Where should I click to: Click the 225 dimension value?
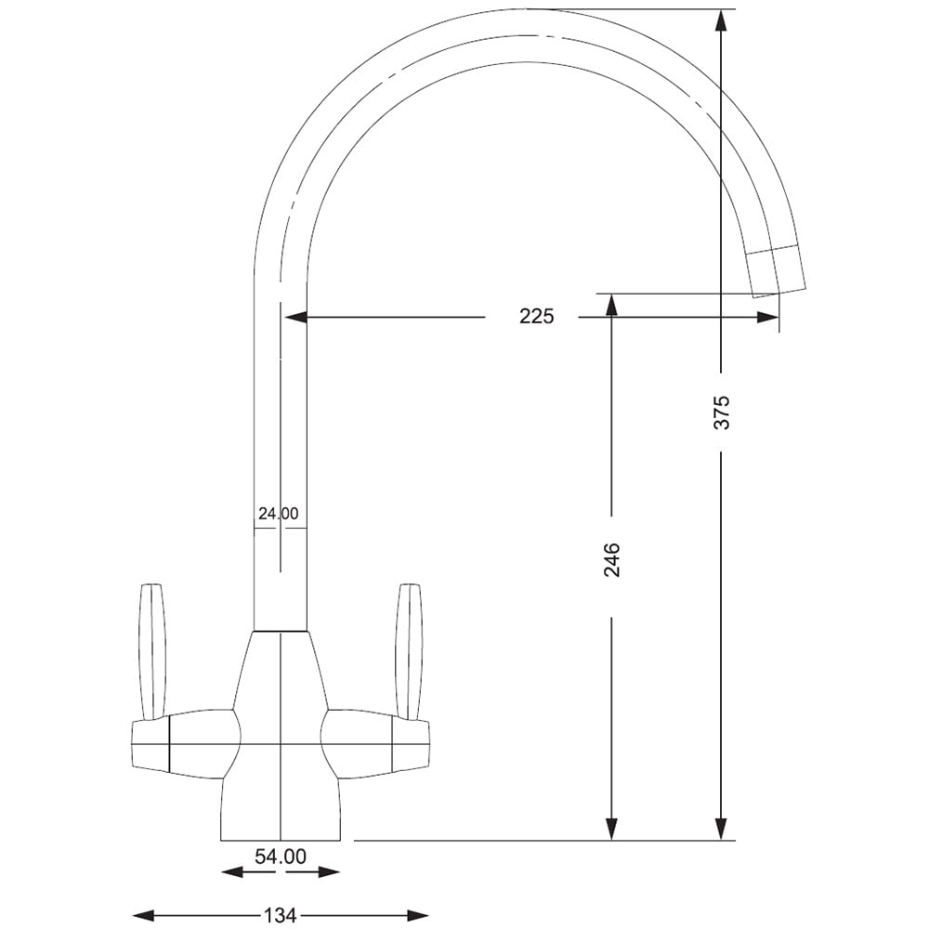pos(536,317)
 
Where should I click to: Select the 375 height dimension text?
pos(722,412)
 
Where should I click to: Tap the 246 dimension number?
pos(611,560)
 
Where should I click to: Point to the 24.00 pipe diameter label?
pos(278,513)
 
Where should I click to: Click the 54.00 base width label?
pos(281,857)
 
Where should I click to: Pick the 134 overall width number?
pos(281,916)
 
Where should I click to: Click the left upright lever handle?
pos(151,650)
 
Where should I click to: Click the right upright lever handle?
pos(409,650)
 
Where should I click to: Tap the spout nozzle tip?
pos(778,273)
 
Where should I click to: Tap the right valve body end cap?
pos(411,745)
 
